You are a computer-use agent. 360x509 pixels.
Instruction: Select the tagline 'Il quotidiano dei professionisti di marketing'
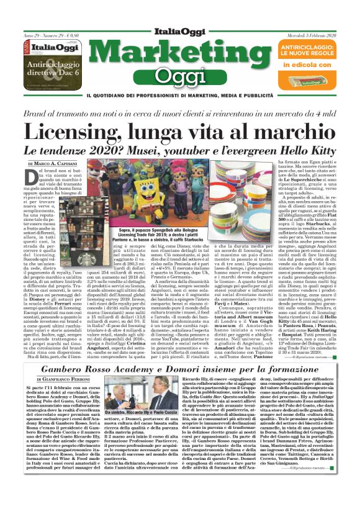point(179,95)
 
